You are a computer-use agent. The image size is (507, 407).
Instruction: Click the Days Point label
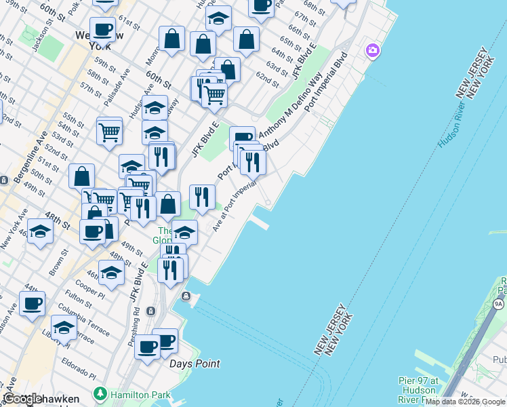[x=194, y=364]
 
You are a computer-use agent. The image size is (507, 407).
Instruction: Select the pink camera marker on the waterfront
[x=371, y=50]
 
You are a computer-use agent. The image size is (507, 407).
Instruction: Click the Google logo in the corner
[x=22, y=399]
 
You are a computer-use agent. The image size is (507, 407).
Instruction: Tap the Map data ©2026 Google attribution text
[x=465, y=402]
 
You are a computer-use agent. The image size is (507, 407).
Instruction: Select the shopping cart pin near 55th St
[x=109, y=131]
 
